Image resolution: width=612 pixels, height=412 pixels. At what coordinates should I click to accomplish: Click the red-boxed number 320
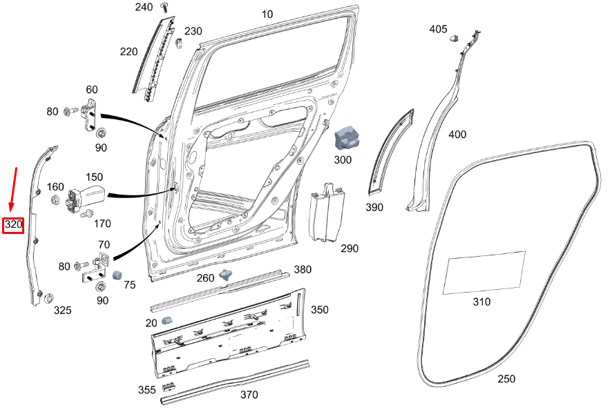tap(14, 225)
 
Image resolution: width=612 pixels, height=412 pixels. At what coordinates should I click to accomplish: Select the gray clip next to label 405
tap(455, 39)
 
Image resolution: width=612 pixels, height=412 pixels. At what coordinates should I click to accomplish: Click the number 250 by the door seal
tap(506, 379)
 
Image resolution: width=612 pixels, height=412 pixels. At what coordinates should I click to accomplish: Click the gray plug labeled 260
tap(226, 275)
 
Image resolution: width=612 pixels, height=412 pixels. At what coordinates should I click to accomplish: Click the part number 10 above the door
tap(267, 14)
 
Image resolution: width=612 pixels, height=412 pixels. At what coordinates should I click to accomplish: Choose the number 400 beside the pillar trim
tap(457, 134)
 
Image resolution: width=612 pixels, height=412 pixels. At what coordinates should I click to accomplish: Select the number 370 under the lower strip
tap(249, 395)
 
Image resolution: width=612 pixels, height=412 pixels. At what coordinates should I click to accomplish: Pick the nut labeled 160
tap(54, 200)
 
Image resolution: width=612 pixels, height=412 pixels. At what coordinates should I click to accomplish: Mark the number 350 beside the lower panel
tap(319, 310)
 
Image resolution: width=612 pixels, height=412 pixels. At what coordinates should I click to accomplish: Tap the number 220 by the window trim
tap(128, 51)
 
